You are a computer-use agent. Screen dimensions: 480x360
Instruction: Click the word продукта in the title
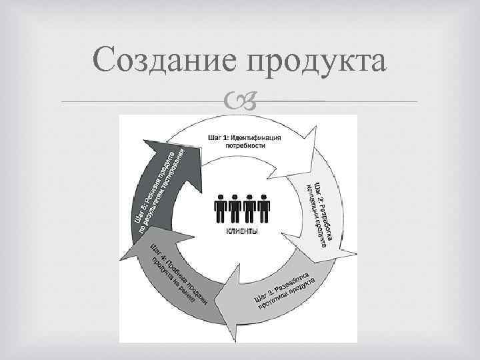point(317,61)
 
